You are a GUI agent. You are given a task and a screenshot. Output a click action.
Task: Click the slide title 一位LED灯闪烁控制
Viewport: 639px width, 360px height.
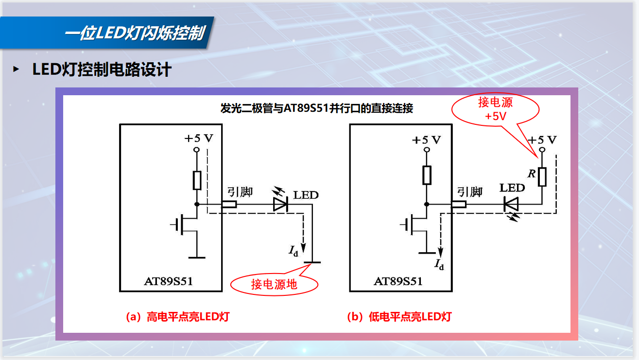click(134, 34)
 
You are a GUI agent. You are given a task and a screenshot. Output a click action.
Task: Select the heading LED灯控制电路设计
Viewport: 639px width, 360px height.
click(102, 69)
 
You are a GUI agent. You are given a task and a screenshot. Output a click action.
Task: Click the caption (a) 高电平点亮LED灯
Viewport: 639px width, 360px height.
click(177, 317)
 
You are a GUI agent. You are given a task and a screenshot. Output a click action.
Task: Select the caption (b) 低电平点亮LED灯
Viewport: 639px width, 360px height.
click(399, 317)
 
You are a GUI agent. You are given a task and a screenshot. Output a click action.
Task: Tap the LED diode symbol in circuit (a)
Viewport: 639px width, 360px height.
click(281, 205)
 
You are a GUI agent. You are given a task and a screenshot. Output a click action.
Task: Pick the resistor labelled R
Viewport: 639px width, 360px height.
click(542, 177)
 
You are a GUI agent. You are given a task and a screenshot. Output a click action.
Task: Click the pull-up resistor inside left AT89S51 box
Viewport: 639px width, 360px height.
click(197, 180)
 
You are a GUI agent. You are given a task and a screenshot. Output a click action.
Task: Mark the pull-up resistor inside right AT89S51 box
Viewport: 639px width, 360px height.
click(427, 175)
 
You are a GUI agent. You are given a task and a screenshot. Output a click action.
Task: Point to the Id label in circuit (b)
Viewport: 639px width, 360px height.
click(439, 265)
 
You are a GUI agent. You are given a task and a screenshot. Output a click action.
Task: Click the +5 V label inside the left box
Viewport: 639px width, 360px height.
click(198, 138)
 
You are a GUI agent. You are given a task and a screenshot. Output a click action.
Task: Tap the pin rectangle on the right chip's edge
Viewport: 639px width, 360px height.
click(458, 205)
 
